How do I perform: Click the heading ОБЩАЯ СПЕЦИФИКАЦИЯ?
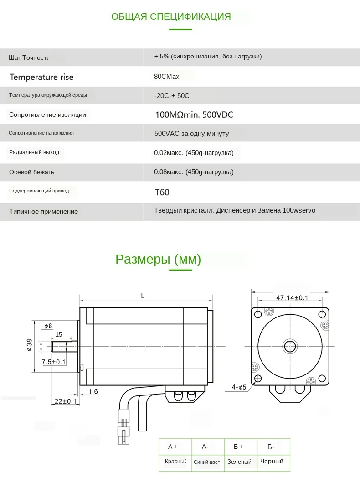171,17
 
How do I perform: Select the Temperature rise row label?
41,77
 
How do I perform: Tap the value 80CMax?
167,77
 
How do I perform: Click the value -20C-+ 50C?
172,96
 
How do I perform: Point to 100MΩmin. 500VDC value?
194,115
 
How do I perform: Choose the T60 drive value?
162,192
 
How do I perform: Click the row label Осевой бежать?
31,172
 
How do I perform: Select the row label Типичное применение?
43,212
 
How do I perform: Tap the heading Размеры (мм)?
158,260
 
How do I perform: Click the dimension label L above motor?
143,296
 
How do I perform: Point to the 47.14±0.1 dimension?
292,298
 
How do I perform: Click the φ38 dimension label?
29,345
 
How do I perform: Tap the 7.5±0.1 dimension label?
54,362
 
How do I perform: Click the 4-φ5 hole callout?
239,388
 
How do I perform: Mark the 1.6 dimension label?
93,391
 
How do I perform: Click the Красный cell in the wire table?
175,462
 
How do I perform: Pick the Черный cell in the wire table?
272,462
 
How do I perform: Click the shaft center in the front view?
290,347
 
